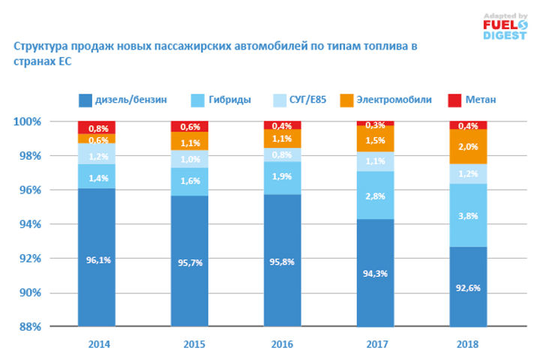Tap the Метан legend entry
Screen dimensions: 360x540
coord(473,100)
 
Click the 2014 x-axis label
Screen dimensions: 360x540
coord(96,344)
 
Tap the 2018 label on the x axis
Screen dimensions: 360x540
coord(468,344)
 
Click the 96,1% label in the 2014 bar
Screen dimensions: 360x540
coord(96,261)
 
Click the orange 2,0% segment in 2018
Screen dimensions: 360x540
coord(468,146)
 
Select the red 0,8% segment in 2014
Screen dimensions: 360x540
coord(96,127)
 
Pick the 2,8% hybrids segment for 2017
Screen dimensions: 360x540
coord(375,195)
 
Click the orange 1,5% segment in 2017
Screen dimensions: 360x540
coord(375,139)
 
